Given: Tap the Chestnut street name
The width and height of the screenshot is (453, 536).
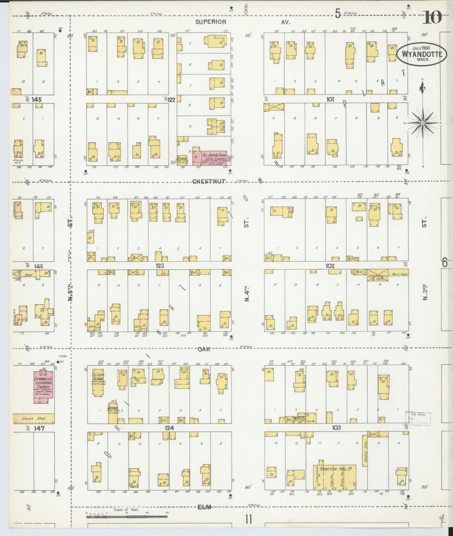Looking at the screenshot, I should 209,181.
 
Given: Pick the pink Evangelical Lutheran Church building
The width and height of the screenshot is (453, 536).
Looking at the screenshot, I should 43,387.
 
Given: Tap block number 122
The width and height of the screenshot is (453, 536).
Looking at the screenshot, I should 171,100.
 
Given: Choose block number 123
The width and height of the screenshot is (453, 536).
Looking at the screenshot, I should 160,266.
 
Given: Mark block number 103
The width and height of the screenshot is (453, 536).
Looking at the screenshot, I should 336,428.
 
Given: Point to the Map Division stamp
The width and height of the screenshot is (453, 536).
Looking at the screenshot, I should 418,418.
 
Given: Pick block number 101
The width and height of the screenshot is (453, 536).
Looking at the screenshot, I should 330,99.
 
